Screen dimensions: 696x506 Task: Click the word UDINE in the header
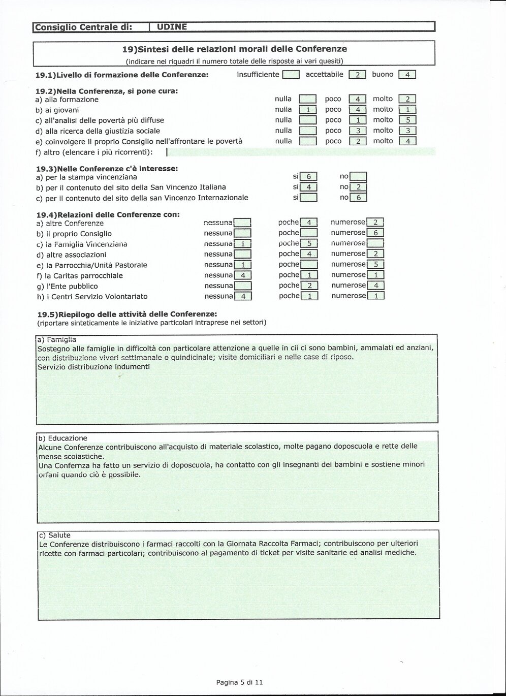click(x=172, y=27)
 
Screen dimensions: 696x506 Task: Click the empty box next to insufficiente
click(x=291, y=75)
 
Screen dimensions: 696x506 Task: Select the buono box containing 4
click(x=407, y=75)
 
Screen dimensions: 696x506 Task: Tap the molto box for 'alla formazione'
click(x=407, y=99)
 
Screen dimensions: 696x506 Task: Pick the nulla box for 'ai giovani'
click(x=308, y=110)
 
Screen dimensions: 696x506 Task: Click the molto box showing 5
click(x=407, y=120)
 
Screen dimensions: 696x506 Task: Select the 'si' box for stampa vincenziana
click(x=308, y=177)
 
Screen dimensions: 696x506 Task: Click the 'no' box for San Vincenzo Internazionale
click(x=358, y=198)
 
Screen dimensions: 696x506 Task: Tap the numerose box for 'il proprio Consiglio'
click(x=375, y=233)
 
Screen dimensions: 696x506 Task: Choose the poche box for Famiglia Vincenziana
click(x=309, y=243)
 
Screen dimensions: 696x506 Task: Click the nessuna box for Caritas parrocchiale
click(x=243, y=275)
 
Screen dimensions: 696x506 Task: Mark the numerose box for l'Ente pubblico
click(x=376, y=286)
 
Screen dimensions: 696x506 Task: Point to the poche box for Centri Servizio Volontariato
click(x=309, y=296)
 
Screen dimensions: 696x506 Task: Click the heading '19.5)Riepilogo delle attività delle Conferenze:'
click(x=126, y=314)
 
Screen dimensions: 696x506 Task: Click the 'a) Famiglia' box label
click(x=57, y=339)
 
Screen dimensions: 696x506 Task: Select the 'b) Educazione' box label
click(x=62, y=438)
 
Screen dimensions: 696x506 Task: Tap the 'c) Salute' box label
click(x=55, y=535)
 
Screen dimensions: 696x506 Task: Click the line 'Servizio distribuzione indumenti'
click(x=93, y=366)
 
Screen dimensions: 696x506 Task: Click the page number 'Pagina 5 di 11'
click(x=240, y=682)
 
